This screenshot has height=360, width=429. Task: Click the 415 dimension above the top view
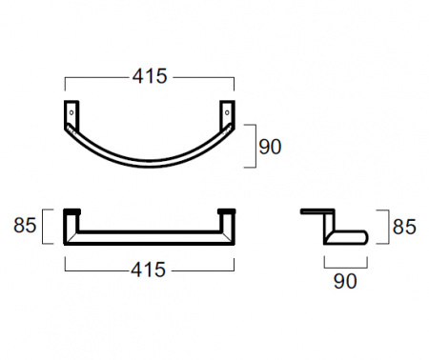pos(150,76)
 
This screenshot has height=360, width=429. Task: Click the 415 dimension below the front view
pos(149,270)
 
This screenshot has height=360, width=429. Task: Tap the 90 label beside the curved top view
pos(270,147)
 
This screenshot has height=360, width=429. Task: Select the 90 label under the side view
pos(345,281)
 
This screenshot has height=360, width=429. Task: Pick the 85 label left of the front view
pos(25,226)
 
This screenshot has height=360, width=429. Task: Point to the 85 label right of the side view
pos(404,227)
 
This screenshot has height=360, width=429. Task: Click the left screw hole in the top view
pos(71,112)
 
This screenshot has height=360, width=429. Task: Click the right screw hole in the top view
pos(227,112)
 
